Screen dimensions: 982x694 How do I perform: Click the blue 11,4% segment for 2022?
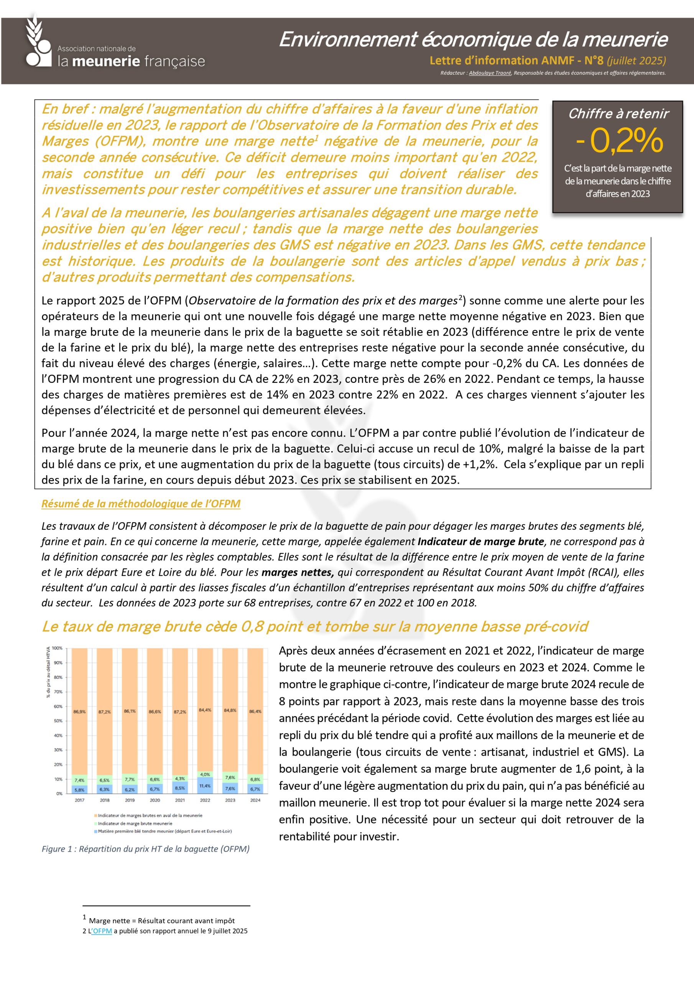click(205, 786)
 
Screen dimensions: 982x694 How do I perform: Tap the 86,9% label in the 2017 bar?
click(79, 712)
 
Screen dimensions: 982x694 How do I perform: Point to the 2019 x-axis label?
click(130, 800)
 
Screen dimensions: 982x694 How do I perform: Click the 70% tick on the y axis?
click(58, 692)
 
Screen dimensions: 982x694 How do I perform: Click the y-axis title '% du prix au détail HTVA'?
click(48, 672)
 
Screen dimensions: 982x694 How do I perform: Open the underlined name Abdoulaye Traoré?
click(490, 73)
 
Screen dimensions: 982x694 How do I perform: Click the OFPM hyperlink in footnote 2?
click(102, 931)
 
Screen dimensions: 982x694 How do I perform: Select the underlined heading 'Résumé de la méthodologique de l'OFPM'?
click(141, 504)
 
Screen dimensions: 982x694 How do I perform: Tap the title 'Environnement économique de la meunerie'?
click(473, 40)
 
